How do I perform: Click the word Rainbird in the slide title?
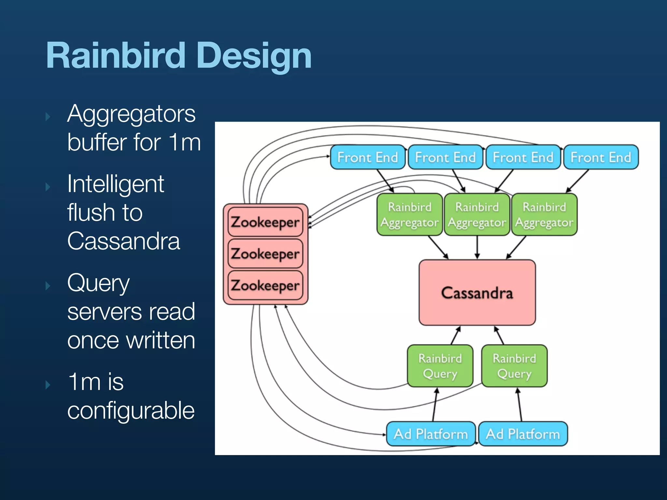pos(116,56)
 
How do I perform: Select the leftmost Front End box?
pos(367,157)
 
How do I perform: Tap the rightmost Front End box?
pos(601,157)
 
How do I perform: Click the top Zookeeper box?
pos(265,222)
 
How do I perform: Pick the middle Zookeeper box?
pos(265,254)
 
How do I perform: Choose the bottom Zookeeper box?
pos(265,285)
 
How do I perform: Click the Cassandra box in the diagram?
pos(477,293)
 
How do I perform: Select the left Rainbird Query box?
pos(440,366)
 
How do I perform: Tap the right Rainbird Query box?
pos(514,366)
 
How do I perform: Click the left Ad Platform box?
pos(431,434)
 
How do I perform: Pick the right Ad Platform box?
pos(523,434)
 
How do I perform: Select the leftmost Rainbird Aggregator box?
pos(410,215)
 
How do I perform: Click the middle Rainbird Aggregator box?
pos(477,215)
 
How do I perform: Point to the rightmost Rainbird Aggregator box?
pos(544,215)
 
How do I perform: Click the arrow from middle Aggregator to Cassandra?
pos(477,247)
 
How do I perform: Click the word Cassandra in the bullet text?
pos(123,241)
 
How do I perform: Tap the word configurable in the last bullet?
pos(131,410)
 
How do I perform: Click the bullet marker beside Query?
pos(48,286)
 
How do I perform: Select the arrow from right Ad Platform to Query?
pos(519,405)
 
